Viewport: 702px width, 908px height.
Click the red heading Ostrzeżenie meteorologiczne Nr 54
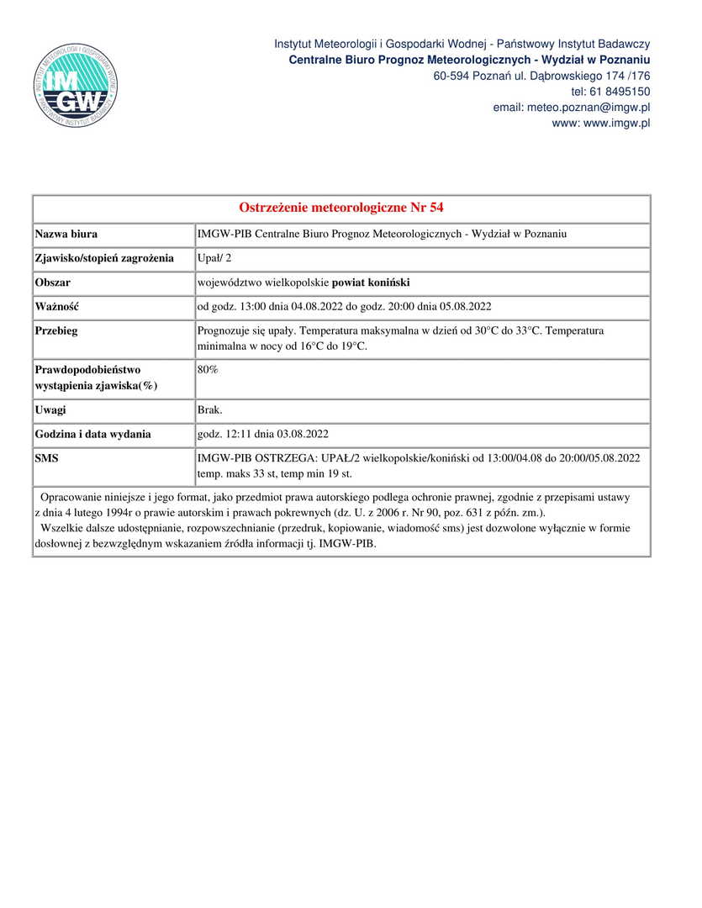(341, 208)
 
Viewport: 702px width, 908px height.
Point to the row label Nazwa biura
(66, 234)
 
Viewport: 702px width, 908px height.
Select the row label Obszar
(53, 282)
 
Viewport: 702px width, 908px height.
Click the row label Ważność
(57, 307)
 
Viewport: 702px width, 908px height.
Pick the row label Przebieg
(56, 331)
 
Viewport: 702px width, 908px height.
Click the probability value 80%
(208, 369)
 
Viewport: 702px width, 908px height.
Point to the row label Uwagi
(50, 410)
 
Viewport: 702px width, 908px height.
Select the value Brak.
(209, 410)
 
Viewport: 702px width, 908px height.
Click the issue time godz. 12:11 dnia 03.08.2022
(262, 435)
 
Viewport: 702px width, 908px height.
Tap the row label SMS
(47, 459)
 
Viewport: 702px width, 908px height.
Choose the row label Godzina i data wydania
(93, 435)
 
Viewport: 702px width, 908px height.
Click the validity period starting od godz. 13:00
(344, 307)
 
